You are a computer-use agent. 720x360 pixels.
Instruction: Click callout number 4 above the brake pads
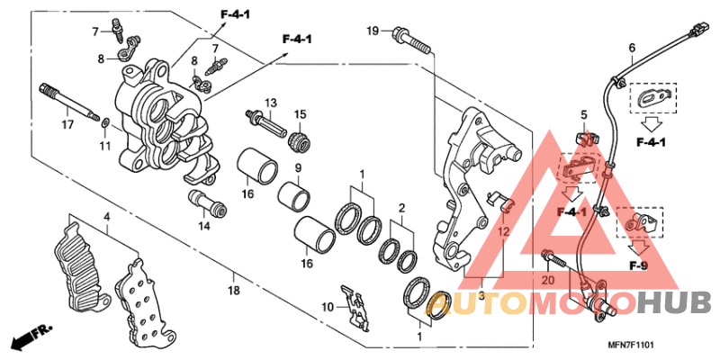pyautogui.click(x=106, y=217)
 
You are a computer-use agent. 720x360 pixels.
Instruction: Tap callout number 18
pyautogui.click(x=233, y=292)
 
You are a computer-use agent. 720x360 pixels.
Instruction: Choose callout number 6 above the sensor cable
pyautogui.click(x=631, y=48)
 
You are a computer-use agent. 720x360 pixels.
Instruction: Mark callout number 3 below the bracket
pyautogui.click(x=481, y=296)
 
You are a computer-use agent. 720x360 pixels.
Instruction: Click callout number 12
pyautogui.click(x=504, y=232)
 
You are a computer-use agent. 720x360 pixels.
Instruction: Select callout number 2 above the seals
pyautogui.click(x=402, y=207)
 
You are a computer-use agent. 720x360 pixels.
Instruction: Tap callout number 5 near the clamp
pyautogui.click(x=583, y=115)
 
